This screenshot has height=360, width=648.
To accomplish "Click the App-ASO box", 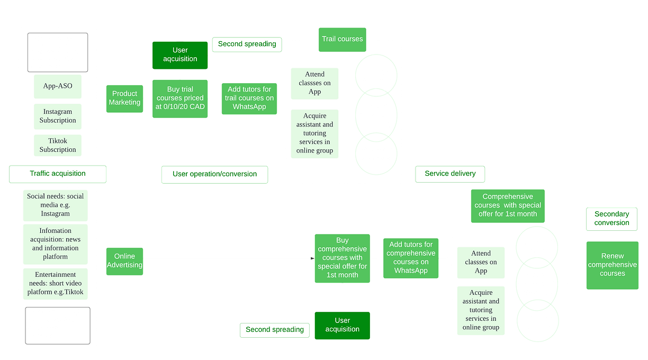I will (58, 87).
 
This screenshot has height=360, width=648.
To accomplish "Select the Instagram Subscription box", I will (58, 116).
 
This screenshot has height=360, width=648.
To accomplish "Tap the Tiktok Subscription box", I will (58, 145).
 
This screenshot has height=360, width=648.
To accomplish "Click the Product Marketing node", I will (124, 98).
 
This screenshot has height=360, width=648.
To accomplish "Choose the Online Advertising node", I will (124, 260).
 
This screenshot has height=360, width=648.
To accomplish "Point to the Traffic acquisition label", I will (58, 173).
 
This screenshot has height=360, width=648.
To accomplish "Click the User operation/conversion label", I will (214, 174).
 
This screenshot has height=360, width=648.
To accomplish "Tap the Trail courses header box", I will (342, 39).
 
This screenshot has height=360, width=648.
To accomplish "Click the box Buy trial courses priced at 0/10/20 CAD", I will (181, 98).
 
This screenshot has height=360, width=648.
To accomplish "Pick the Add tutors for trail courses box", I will (249, 98).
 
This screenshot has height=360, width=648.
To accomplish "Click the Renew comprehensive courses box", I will (612, 265).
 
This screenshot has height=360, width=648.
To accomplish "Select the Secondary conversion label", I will (611, 219).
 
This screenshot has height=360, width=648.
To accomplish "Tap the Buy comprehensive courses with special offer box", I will (342, 258).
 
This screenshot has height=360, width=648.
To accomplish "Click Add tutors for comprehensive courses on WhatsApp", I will (411, 258).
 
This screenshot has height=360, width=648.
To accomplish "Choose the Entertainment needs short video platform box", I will (55, 283).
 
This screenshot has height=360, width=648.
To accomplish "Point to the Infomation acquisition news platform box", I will (55, 244).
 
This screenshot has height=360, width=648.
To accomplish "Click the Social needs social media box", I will (55, 205).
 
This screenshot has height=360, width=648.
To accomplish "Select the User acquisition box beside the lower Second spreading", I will (342, 325).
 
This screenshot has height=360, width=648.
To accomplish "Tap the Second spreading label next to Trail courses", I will (247, 44).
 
